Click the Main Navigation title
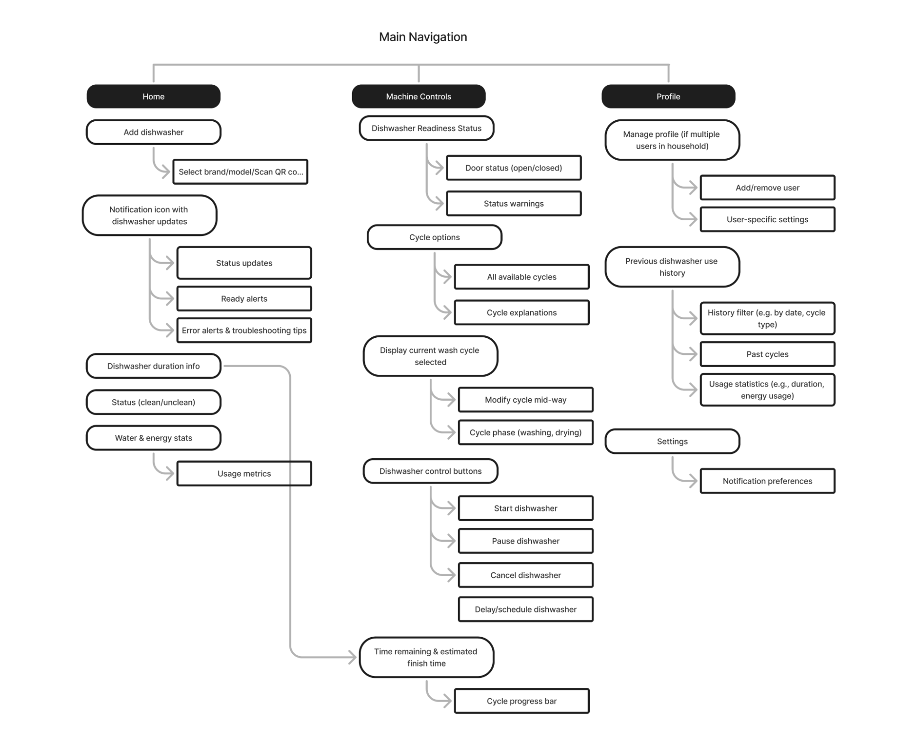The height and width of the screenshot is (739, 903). point(423,37)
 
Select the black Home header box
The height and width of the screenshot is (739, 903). point(154,96)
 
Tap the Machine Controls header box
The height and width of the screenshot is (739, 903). point(418,96)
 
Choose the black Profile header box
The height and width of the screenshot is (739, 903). point(668,96)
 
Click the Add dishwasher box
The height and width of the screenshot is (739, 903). point(154,132)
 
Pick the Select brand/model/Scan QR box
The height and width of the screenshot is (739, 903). point(240,171)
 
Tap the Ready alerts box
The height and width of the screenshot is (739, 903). point(244,298)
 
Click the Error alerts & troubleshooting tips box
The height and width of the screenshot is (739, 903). point(244,330)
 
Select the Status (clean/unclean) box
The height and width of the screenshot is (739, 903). point(154,402)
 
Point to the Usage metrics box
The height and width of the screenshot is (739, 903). point(244,473)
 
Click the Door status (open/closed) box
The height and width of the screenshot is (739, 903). point(514,168)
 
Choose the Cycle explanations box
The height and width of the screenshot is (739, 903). point(522,312)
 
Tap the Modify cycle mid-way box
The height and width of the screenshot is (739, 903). point(525,399)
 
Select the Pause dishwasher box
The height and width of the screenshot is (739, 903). point(525,541)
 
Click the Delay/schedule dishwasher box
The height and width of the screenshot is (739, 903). point(525,609)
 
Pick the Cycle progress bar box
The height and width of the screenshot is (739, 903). point(522,701)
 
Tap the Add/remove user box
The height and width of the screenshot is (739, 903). point(768,188)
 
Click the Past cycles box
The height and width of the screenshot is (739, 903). point(768,354)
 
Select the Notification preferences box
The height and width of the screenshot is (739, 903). point(768,481)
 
